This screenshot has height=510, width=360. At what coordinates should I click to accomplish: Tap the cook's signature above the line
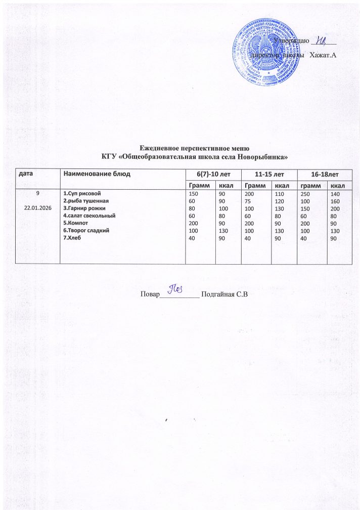175,290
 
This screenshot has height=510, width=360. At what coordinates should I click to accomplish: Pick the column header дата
26,174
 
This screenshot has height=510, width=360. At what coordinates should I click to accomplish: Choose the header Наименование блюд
96,174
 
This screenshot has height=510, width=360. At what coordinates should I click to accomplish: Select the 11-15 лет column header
269,174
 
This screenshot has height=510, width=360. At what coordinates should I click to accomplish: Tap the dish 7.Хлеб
72,238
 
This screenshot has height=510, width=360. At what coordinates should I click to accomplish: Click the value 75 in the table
248,201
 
